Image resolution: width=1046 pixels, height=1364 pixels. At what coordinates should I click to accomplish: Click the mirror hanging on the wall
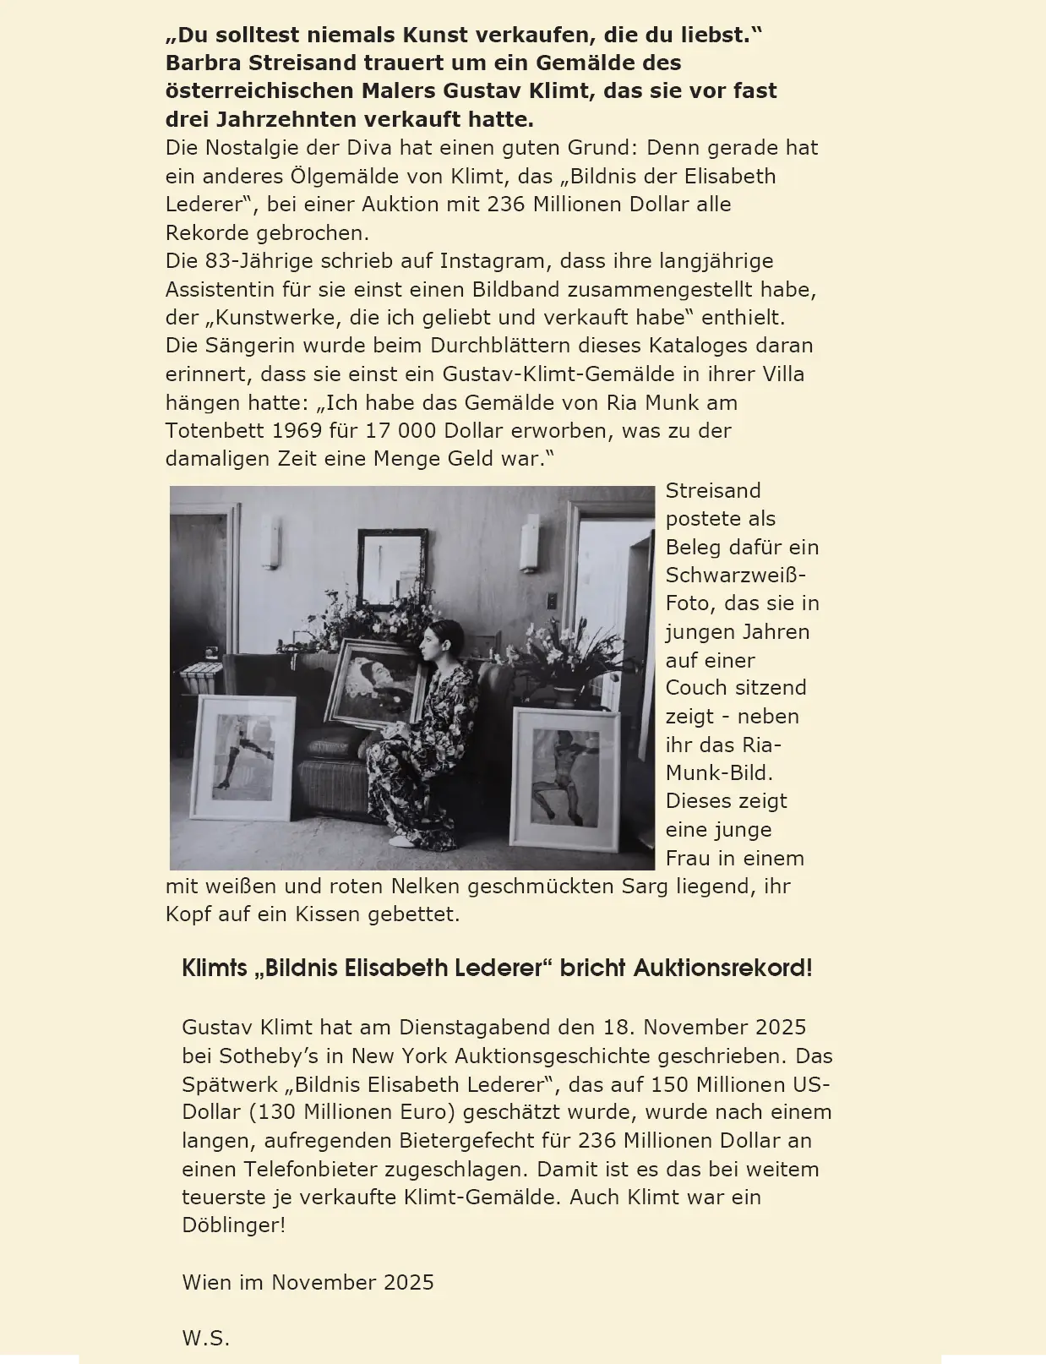[392, 562]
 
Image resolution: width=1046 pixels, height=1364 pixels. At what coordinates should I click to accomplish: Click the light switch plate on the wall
[551, 601]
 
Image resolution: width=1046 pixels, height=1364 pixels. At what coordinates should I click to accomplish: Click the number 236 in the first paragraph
[505, 205]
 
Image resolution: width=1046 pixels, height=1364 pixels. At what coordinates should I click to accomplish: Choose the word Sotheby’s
[280, 1056]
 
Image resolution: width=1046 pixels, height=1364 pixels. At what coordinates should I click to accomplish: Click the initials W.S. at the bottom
[205, 1338]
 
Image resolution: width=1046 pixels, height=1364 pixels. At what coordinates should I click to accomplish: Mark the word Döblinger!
[233, 1225]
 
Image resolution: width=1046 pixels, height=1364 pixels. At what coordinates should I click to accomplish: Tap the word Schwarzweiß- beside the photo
[735, 575]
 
